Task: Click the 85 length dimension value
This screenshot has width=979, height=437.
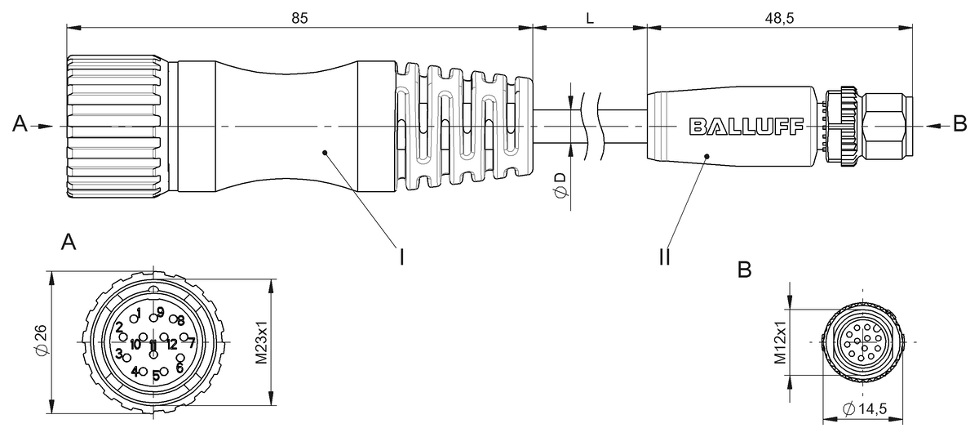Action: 299,17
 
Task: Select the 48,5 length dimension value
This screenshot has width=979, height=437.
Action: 779,17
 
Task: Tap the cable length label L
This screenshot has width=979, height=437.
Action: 589,17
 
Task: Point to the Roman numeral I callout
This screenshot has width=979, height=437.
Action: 401,256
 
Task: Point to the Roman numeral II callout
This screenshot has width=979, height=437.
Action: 664,256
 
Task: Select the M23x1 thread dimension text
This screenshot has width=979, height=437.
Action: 261,342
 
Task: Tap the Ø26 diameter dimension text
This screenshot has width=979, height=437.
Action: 40,342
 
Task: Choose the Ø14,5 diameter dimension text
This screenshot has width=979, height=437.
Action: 865,409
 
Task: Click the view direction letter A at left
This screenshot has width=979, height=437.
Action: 21,124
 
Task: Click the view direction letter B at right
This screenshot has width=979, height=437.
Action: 959,124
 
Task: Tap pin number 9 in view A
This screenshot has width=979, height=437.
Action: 161,312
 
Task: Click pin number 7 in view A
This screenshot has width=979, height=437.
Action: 191,342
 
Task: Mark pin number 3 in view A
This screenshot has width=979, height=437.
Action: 118,354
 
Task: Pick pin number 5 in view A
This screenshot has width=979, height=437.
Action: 155,376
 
